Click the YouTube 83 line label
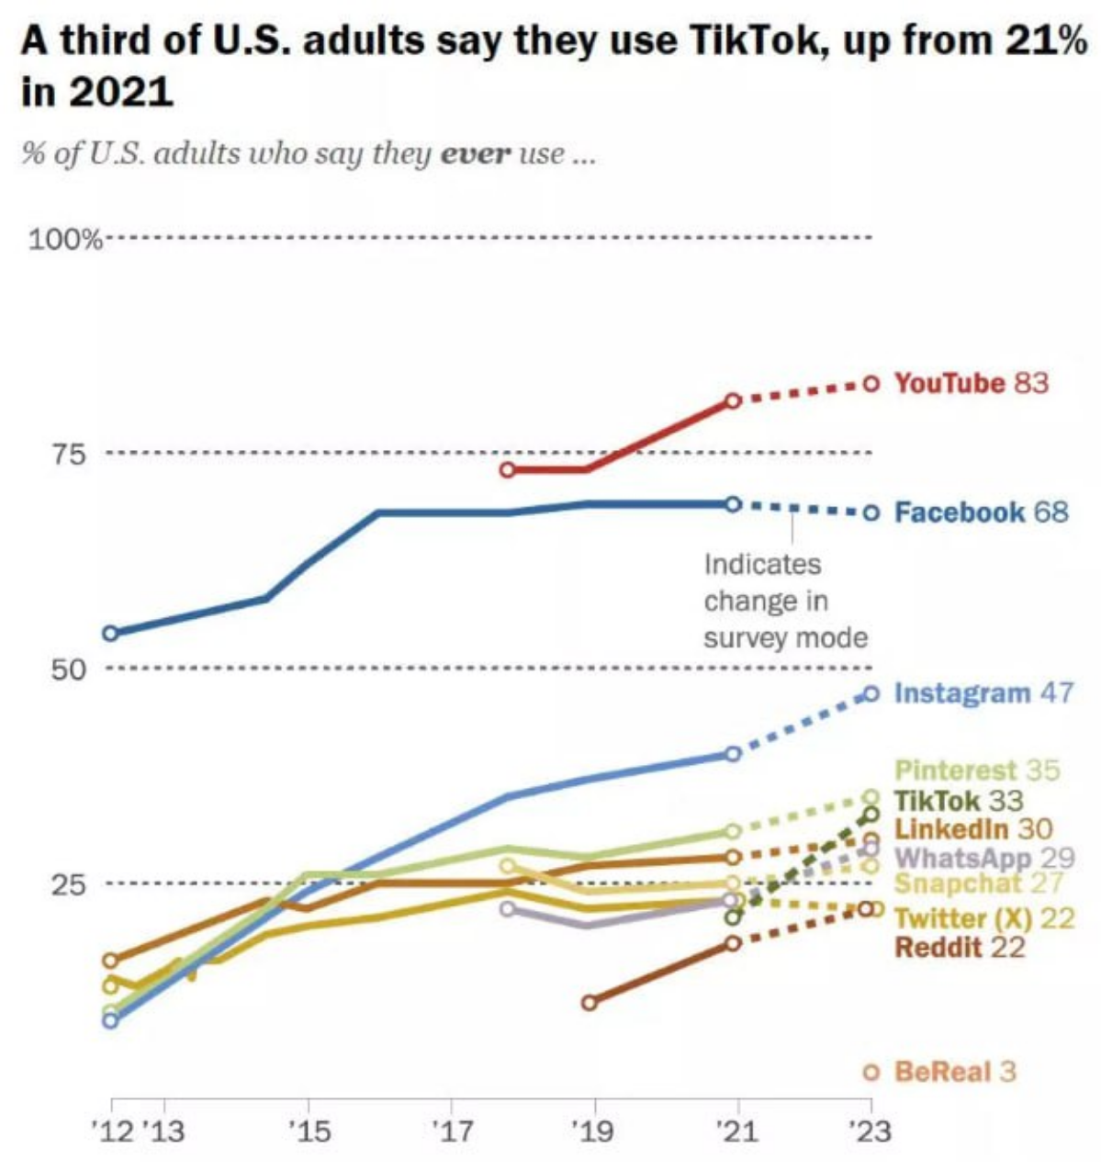(971, 382)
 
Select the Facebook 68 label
(981, 512)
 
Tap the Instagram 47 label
(983, 692)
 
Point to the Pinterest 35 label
(976, 770)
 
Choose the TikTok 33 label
(958, 800)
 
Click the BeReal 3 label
(955, 1072)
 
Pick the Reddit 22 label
(959, 947)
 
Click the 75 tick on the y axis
(74, 454)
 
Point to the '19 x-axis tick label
(592, 1131)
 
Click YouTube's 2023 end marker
(871, 383)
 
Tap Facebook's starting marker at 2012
(111, 633)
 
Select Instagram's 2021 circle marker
(732, 754)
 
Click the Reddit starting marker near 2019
(590, 1002)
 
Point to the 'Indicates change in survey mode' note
(785, 601)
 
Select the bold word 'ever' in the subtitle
(475, 153)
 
